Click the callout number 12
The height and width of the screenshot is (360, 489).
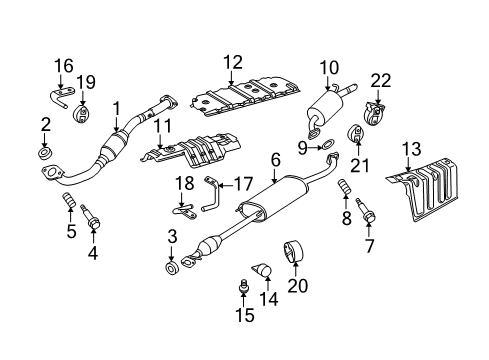(233, 62)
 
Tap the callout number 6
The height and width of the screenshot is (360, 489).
(274, 157)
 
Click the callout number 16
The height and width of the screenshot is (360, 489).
(63, 66)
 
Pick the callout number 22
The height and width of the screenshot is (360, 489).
(379, 81)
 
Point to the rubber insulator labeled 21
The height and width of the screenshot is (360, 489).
(355, 134)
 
